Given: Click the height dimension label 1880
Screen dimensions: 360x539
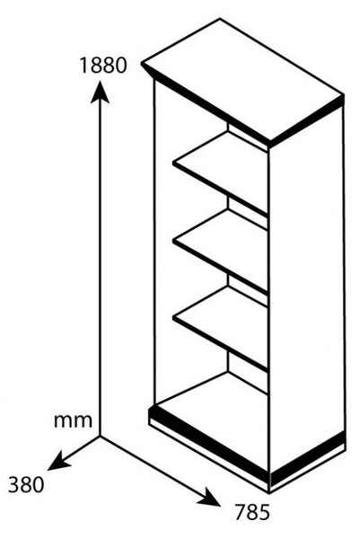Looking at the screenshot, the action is coord(103,66).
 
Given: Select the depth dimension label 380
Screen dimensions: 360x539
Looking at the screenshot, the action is coord(26,485).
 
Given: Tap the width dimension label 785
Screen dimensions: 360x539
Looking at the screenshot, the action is coord(252,512).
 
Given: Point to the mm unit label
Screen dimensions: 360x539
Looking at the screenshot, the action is coord(74,420).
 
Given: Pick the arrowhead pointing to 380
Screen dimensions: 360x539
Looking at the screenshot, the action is coord(58,462).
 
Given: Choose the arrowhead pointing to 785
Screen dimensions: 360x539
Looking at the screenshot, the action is coord(209,498).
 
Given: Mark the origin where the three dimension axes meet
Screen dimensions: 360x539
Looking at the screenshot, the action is coord(100,437).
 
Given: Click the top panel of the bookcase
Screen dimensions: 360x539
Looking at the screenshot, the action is coord(243,80).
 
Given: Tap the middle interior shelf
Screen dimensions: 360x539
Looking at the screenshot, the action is coord(220,248).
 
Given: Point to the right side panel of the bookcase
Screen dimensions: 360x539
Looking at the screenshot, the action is coord(307,292).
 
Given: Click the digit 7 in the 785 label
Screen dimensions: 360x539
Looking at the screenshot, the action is coord(241,512).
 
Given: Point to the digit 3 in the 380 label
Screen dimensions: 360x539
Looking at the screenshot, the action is coord(14,485).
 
